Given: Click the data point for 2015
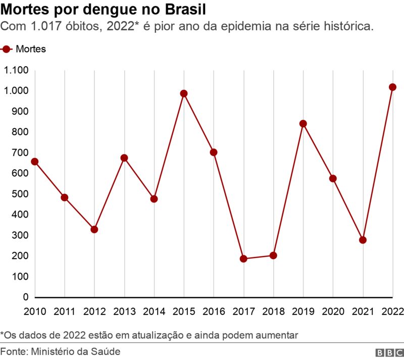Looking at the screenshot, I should coord(184,93).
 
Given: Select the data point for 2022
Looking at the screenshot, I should coord(392,87).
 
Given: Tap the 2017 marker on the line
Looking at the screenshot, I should coord(243,259).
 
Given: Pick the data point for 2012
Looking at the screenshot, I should coord(94,229).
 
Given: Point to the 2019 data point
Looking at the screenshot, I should coord(303,124).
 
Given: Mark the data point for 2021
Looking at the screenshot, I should coord(363,240).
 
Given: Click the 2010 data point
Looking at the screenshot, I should coord(35,162).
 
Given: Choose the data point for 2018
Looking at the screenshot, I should coord(273,255).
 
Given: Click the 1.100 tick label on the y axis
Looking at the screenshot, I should coord(16,70).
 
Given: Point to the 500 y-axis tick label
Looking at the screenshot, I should coord(20,194).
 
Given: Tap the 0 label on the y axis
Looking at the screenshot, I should coord(26,297).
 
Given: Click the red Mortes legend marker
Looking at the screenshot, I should coord(7,49).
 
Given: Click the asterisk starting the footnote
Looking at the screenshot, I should coord(2,334).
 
